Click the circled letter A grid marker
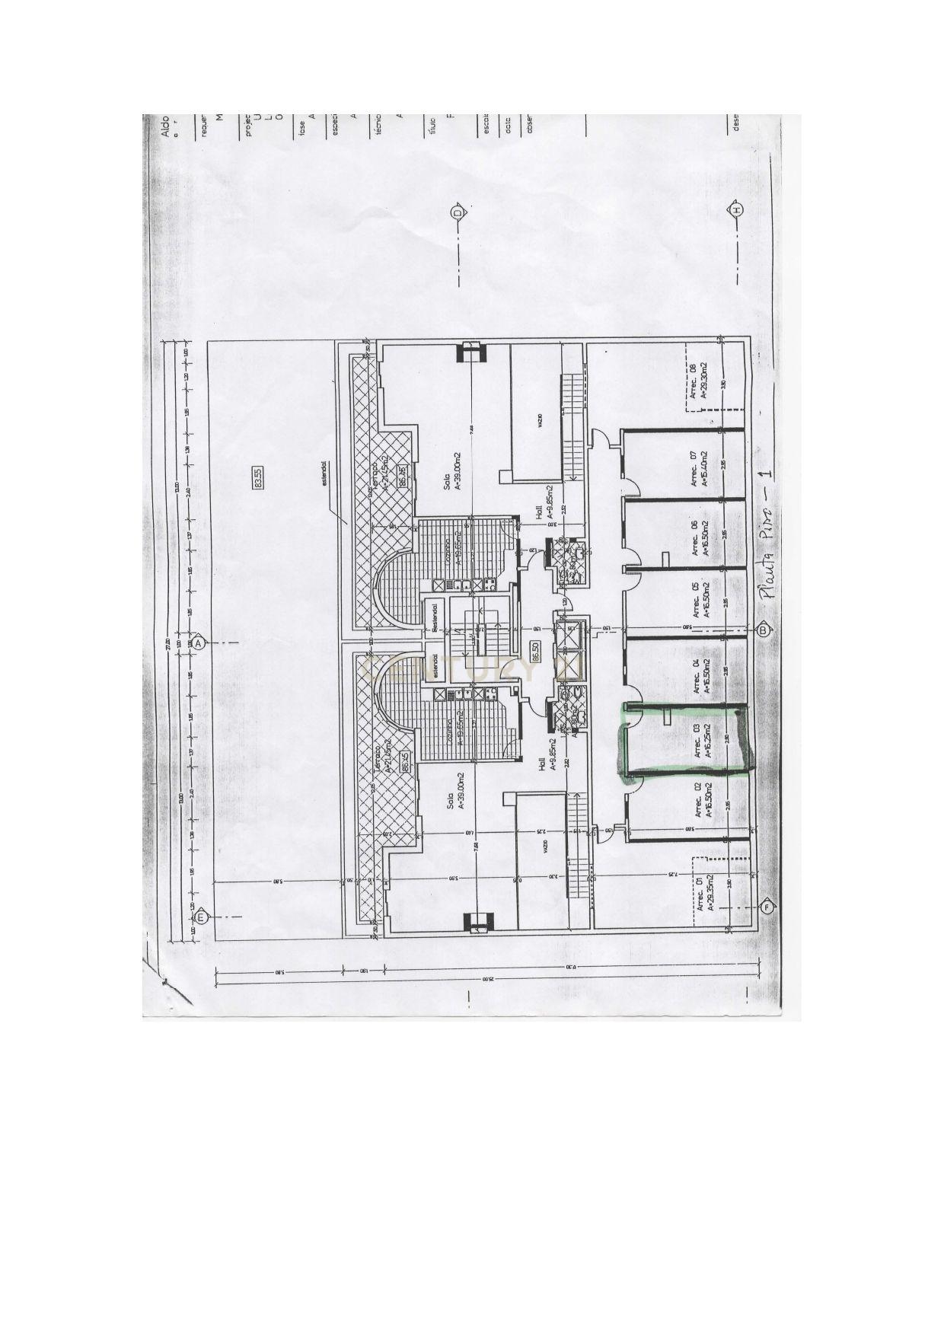tap(199, 642)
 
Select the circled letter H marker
tap(736, 210)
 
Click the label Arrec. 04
tap(695, 674)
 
